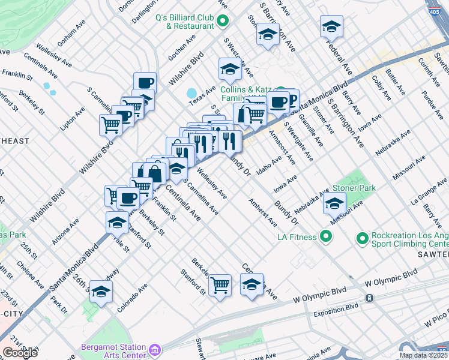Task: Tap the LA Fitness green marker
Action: click(x=326, y=237)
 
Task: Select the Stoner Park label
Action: click(x=354, y=188)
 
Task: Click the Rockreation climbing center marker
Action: click(x=363, y=239)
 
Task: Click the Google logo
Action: click(x=20, y=353)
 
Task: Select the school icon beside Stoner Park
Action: click(x=334, y=203)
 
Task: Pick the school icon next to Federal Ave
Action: click(x=330, y=26)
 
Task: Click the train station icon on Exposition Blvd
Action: click(x=369, y=298)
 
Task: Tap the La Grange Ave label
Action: click(x=429, y=190)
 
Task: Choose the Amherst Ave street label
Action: click(x=263, y=212)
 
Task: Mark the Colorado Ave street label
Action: click(x=133, y=298)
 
